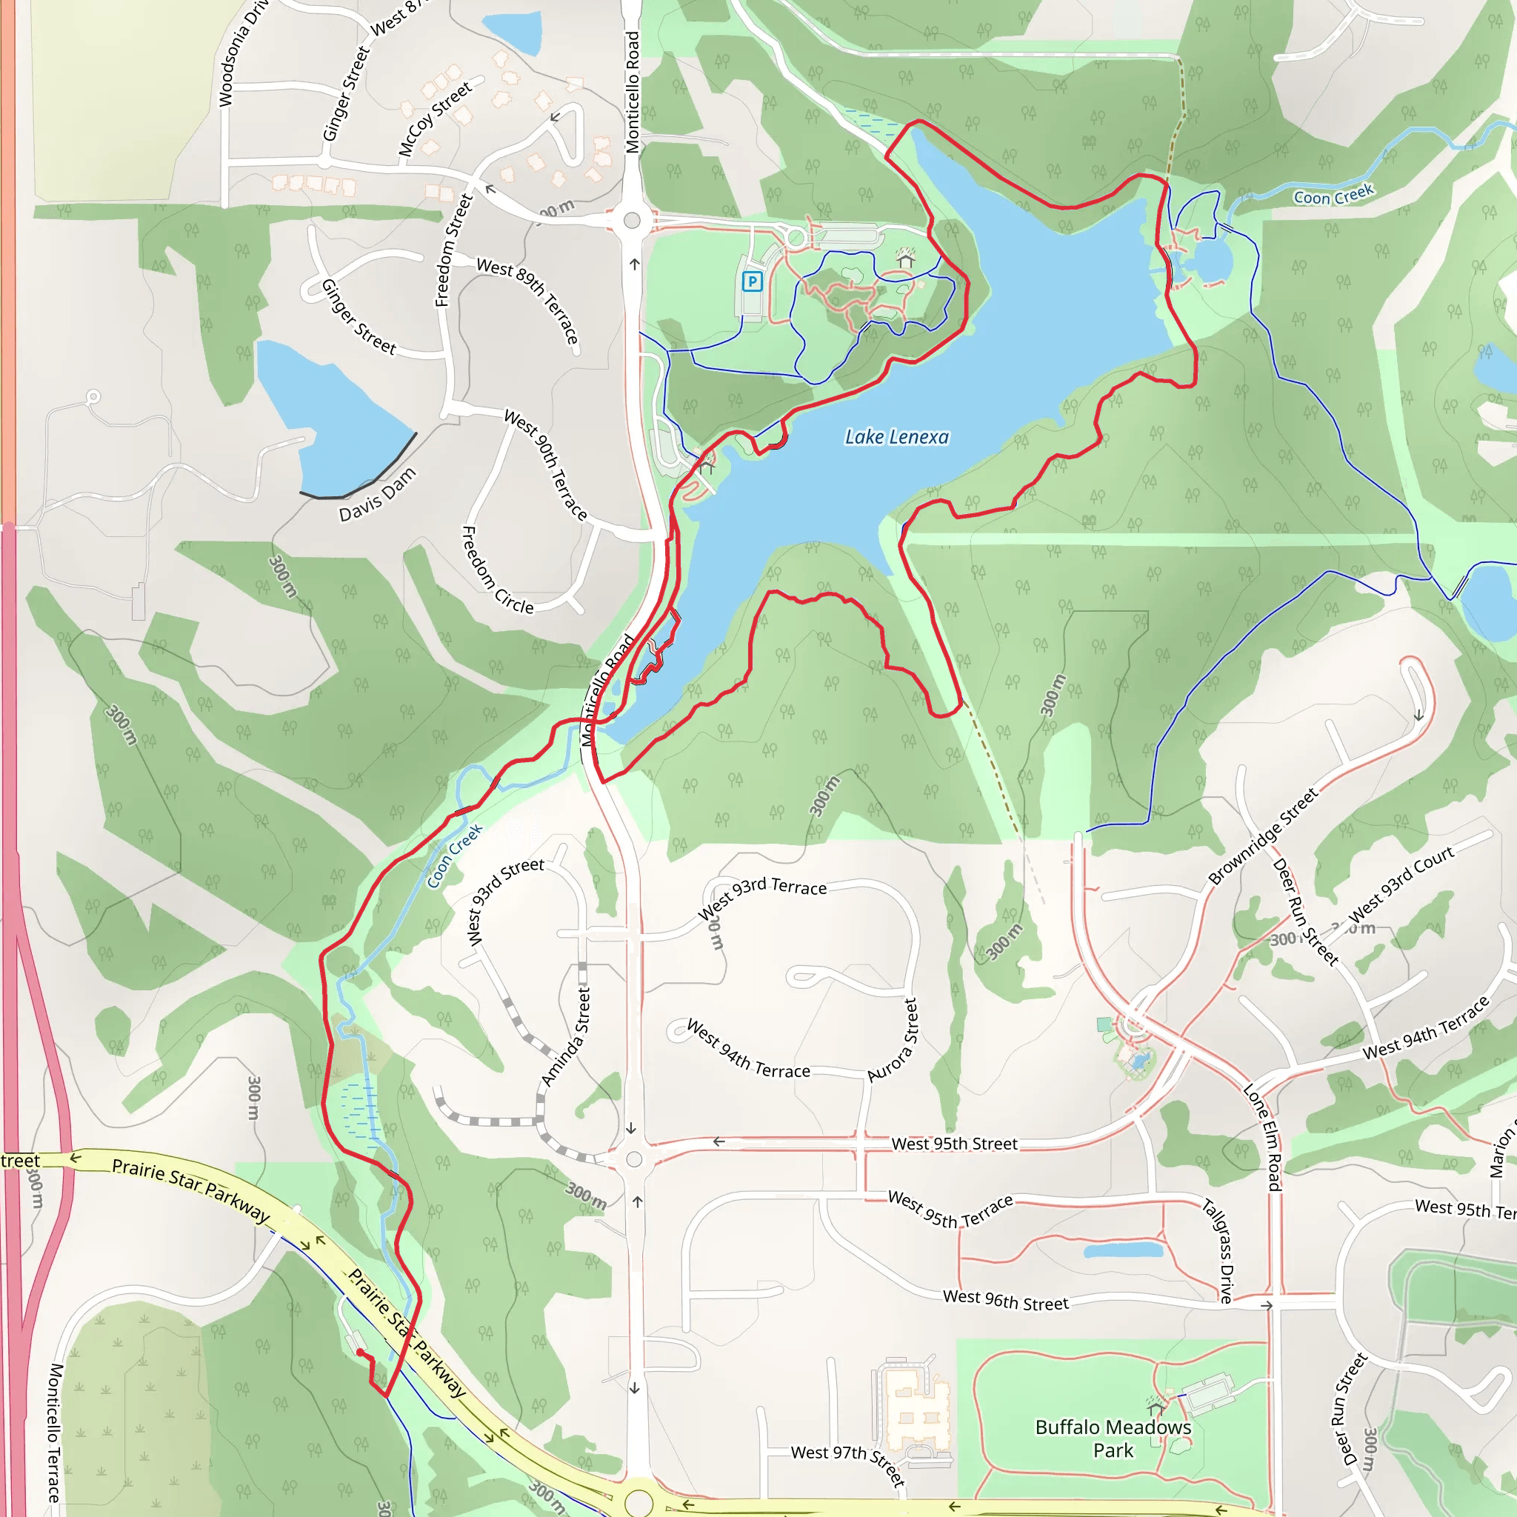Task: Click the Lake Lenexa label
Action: click(x=897, y=436)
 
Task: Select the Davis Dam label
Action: click(x=377, y=495)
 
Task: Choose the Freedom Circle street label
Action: click(x=497, y=571)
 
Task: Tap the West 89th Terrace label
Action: click(x=528, y=301)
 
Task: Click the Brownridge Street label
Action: click(x=1263, y=838)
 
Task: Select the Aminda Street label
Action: click(x=566, y=1038)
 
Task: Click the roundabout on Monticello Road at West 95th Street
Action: click(x=635, y=1159)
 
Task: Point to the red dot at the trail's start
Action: click(x=359, y=1352)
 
